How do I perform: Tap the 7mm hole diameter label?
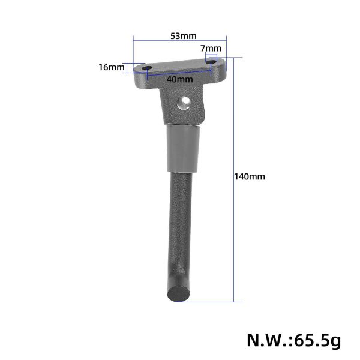click(x=211, y=48)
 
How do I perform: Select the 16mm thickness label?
click(x=111, y=67)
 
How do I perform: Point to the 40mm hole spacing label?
click(x=180, y=79)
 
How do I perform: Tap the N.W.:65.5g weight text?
click(x=293, y=340)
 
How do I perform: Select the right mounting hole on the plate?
click(x=211, y=60)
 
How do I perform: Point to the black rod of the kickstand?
click(x=181, y=222)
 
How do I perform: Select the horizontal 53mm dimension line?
click(x=180, y=41)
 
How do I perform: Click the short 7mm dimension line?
click(x=211, y=54)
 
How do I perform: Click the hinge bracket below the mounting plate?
click(x=183, y=105)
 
